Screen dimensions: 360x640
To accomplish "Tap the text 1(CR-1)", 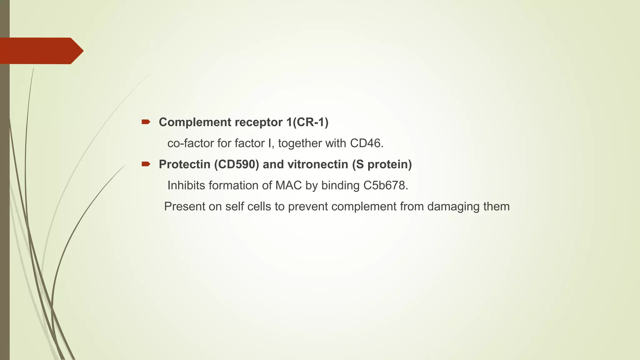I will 307,122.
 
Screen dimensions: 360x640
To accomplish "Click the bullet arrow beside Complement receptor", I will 146,122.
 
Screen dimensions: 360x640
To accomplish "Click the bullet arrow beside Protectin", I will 146,164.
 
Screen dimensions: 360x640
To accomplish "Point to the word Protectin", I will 184,164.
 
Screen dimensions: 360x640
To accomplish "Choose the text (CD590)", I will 237,164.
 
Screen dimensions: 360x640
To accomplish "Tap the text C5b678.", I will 386,186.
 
